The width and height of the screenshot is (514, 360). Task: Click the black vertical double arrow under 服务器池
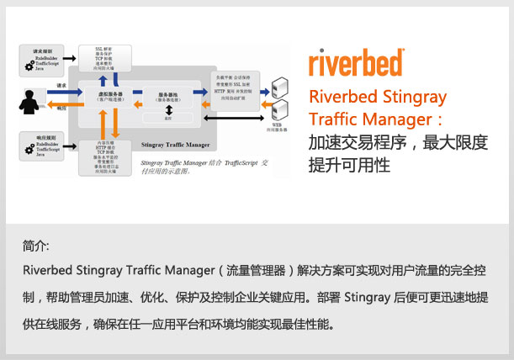169,110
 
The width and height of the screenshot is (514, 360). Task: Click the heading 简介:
37,247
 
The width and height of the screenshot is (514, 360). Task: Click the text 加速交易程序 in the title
348,142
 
